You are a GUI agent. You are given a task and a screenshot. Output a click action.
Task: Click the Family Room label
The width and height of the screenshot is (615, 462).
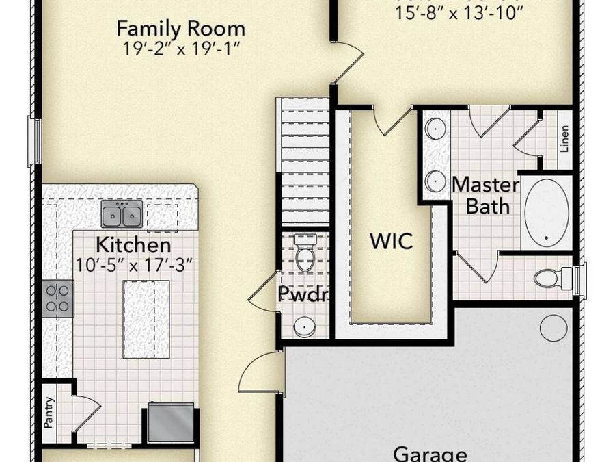coord(180,29)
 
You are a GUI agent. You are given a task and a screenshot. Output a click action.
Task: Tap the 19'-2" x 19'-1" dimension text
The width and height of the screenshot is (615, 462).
coord(180,49)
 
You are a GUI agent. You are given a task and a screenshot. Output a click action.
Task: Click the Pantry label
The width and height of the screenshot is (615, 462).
coord(49,413)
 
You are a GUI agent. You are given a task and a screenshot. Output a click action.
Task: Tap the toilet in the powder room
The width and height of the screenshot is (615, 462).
coord(304,252)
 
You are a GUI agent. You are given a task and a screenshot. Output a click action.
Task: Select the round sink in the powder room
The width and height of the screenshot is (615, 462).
coord(304,327)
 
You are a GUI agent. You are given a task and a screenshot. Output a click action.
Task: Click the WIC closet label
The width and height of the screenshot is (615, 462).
coord(391,242)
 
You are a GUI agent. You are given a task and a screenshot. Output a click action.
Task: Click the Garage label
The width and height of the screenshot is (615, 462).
coord(430,454)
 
